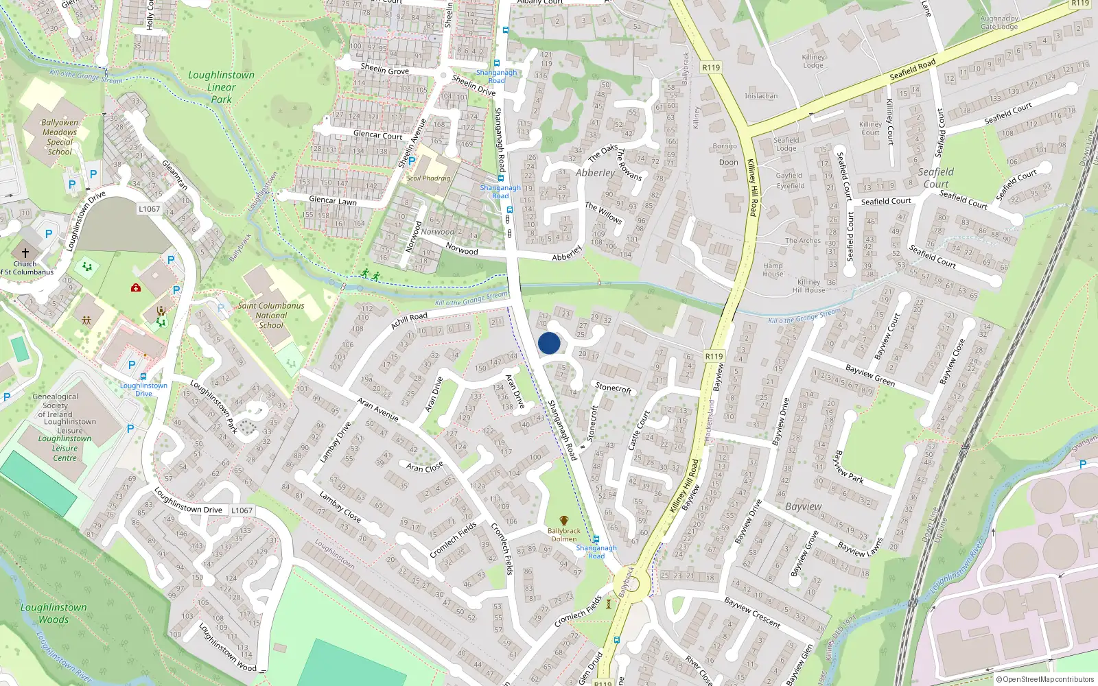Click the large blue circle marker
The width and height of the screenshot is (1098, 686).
549,343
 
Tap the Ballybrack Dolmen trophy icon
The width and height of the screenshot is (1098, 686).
564,521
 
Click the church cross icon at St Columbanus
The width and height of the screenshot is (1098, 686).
25,253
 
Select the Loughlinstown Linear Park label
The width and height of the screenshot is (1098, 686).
221,87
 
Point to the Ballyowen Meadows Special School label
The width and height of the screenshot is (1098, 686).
60,137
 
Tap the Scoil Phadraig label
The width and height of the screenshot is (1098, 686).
428,178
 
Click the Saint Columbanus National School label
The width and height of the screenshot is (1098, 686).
271,316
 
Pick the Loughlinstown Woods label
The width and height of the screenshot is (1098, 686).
54,613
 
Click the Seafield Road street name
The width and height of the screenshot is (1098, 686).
912,70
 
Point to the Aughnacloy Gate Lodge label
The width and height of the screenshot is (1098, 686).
999,23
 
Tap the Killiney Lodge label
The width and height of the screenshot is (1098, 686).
813,61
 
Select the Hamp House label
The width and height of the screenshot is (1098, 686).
773,270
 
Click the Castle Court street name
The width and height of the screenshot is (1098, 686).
638,430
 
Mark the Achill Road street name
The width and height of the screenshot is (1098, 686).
409,320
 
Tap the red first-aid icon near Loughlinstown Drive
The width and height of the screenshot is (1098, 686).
136,287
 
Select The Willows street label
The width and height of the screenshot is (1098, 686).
603,213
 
